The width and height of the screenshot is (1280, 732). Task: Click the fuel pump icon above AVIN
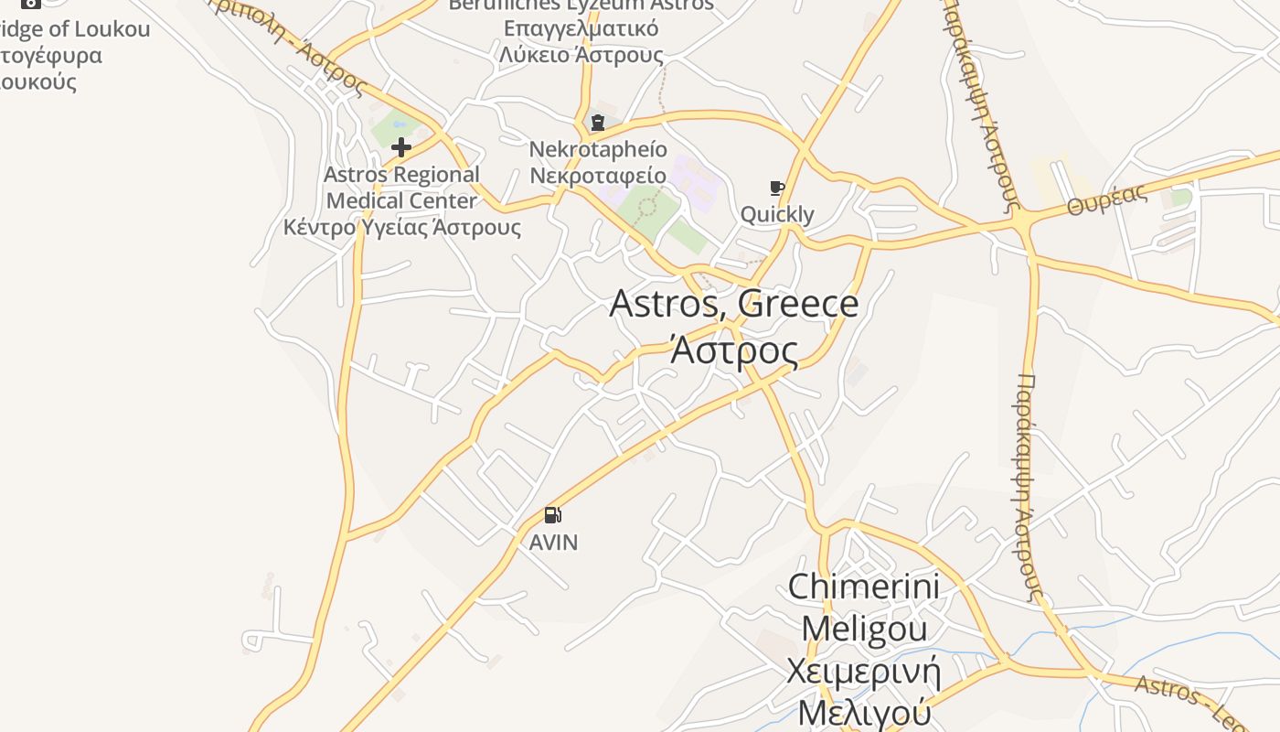point(552,515)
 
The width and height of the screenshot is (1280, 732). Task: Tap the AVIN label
point(553,543)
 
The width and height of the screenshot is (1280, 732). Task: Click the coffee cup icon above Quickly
point(777,188)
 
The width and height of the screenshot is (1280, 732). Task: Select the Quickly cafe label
point(777,215)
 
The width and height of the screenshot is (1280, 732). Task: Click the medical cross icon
point(400,146)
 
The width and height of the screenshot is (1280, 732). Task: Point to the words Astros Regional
point(401,175)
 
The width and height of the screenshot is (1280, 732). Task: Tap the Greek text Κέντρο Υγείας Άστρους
point(401,227)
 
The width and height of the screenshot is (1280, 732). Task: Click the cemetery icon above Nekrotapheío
point(598,123)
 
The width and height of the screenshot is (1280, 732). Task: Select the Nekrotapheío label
point(598,149)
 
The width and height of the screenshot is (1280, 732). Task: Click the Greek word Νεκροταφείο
point(598,175)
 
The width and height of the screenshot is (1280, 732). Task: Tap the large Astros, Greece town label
point(733,304)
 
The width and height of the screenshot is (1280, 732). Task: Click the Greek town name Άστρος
point(733,350)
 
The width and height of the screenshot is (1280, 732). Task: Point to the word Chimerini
point(863,587)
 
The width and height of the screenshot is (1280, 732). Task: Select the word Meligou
point(863,629)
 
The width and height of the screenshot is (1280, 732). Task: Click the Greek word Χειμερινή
point(863,671)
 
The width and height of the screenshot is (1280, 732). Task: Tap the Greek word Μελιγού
point(863,713)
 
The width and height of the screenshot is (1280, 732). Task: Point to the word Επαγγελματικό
point(581,28)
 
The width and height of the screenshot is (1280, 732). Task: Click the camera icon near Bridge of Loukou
point(31,3)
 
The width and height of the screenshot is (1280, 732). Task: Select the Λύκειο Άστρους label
point(581,55)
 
